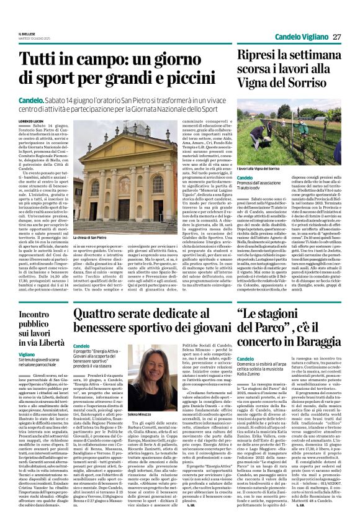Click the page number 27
click(x=335, y=37)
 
